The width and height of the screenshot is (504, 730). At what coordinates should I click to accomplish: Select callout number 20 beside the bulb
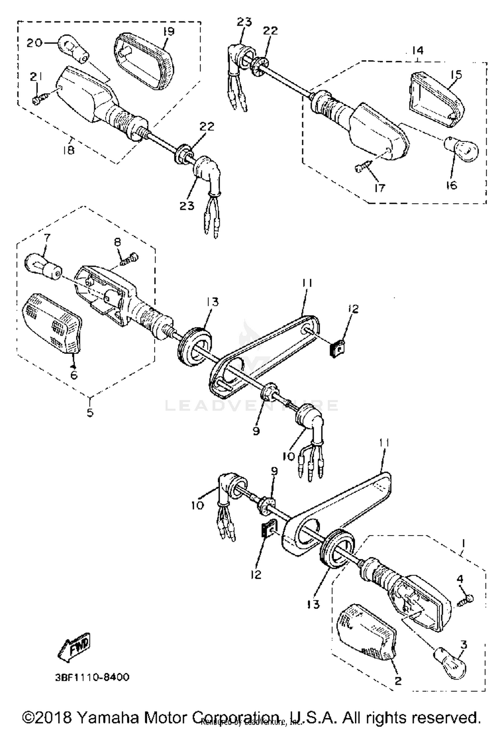[35, 43]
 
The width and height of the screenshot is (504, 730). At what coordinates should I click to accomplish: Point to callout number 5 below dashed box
[90, 412]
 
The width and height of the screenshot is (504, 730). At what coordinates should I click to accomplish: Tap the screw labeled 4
[466, 598]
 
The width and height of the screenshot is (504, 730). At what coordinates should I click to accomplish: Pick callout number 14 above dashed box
[418, 50]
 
